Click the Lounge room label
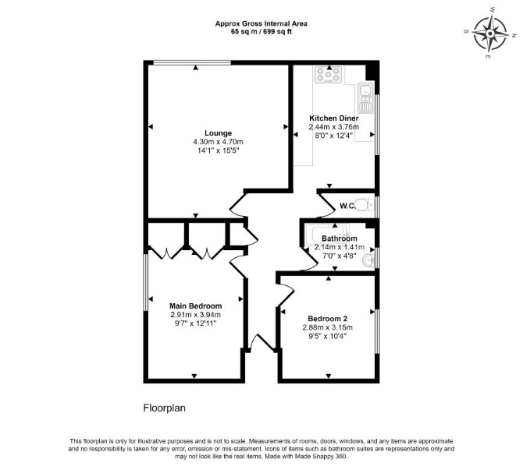(218, 133)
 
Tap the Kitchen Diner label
(334, 118)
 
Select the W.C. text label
(347, 206)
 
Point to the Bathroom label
(340, 239)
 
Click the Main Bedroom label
(195, 306)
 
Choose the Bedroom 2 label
(328, 319)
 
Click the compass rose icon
(490, 34)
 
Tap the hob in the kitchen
(329, 75)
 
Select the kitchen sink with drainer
(366, 98)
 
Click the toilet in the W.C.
(365, 204)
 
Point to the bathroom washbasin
(368, 260)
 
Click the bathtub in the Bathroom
(327, 235)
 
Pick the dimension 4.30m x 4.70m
(218, 142)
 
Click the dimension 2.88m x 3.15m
(328, 327)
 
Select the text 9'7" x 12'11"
(195, 323)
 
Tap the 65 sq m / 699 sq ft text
(261, 32)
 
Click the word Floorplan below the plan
(165, 408)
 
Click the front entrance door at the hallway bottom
(261, 342)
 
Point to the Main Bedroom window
(145, 282)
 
